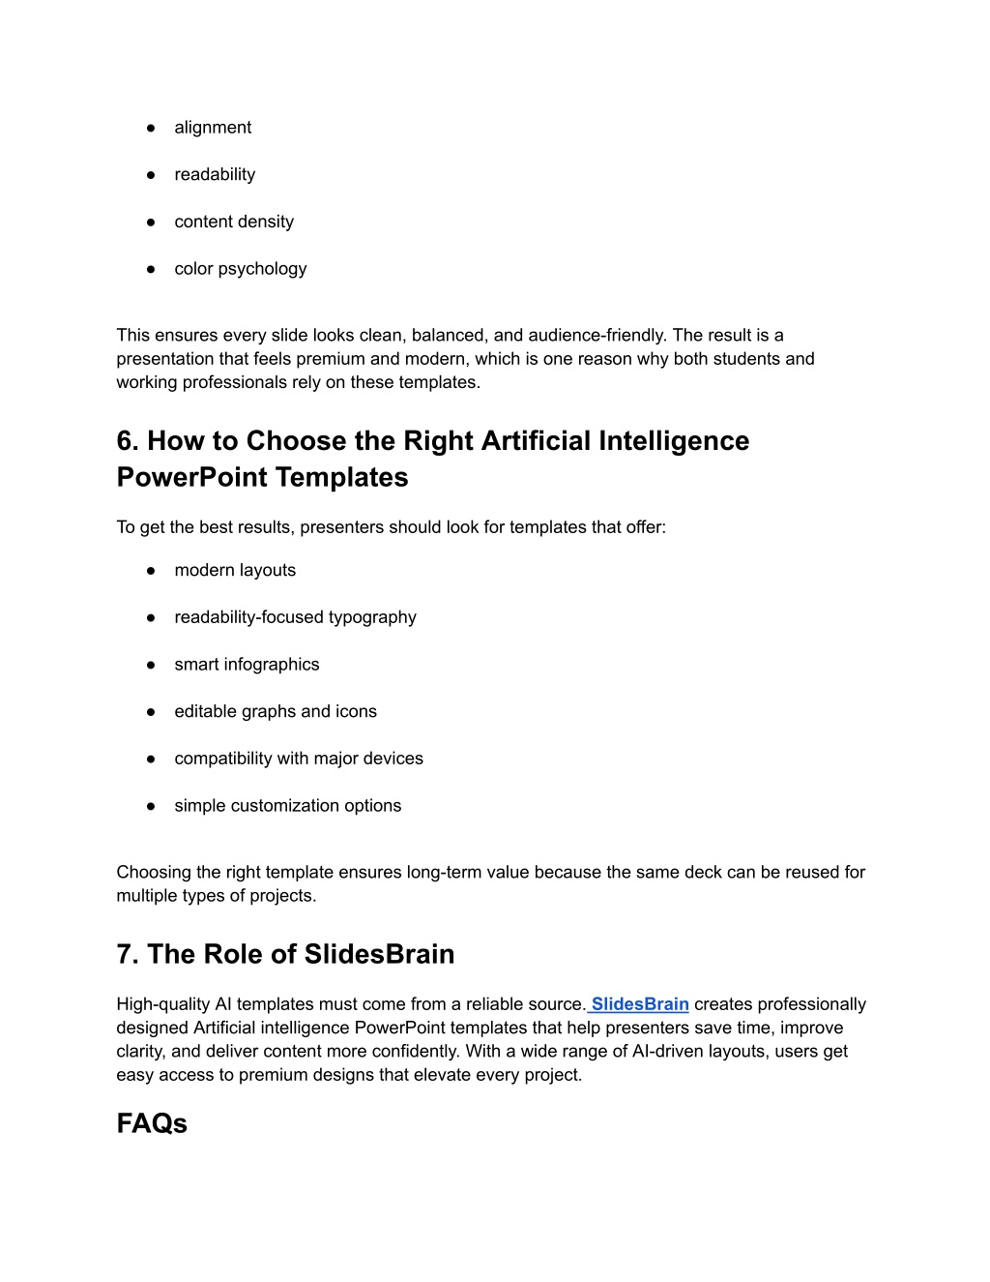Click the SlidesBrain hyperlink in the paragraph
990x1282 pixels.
pyautogui.click(x=640, y=1004)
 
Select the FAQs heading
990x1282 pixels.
pyautogui.click(x=152, y=1123)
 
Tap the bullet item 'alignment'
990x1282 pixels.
pyautogui.click(x=213, y=128)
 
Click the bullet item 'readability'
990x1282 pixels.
pyautogui.click(x=215, y=175)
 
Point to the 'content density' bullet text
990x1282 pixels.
pyautogui.click(x=234, y=222)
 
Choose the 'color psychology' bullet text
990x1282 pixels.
pyautogui.click(x=241, y=269)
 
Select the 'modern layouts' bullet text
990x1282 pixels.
pyautogui.click(x=235, y=571)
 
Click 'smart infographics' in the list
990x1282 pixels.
pyautogui.click(x=247, y=665)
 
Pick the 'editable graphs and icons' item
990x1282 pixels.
pyautogui.click(x=276, y=712)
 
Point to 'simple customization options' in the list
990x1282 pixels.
pyautogui.click(x=288, y=806)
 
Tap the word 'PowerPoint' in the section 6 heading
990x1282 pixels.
pyautogui.click(x=191, y=478)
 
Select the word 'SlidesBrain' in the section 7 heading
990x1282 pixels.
pyautogui.click(x=379, y=955)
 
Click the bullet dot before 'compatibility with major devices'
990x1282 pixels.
pyautogui.click(x=152, y=760)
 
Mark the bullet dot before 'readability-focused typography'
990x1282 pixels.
pyautogui.click(x=152, y=618)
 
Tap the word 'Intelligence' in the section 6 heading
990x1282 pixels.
pyautogui.click(x=674, y=441)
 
